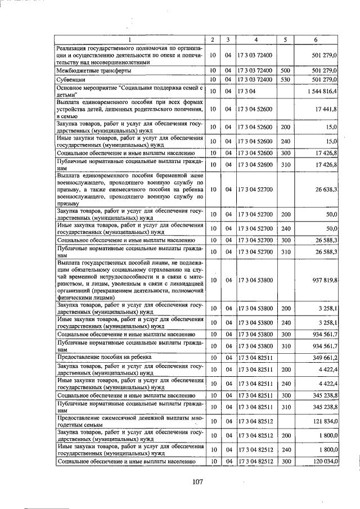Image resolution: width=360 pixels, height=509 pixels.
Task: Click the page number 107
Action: point(197,481)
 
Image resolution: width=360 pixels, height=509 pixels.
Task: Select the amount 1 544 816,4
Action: point(322,91)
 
